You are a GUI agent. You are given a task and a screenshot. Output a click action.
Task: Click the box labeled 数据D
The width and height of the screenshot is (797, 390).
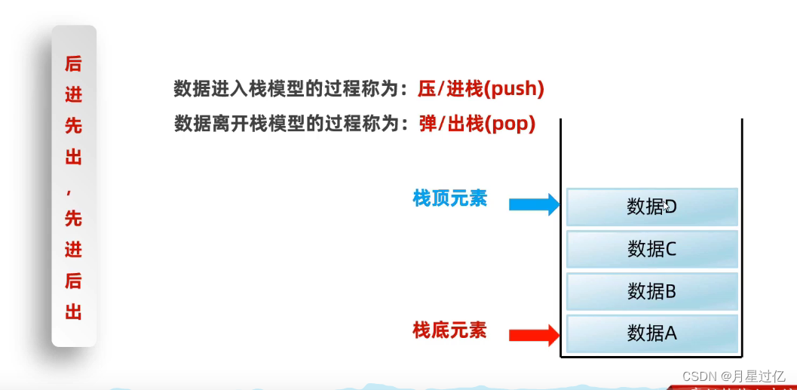click(x=651, y=206)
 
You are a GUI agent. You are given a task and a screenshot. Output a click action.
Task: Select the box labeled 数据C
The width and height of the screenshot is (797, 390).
click(x=651, y=248)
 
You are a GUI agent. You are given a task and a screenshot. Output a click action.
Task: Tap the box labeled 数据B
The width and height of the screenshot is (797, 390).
click(x=651, y=290)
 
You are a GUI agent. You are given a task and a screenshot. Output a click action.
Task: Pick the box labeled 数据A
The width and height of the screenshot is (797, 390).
click(x=651, y=332)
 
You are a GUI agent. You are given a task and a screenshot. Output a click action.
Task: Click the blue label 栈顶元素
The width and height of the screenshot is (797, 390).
click(x=449, y=198)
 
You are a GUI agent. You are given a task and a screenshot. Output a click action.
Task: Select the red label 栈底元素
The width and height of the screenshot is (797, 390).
click(x=449, y=330)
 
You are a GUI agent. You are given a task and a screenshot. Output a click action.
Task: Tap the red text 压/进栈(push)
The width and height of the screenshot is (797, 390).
click(x=481, y=89)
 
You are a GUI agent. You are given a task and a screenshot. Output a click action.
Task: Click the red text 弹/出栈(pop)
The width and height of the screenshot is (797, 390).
click(x=477, y=124)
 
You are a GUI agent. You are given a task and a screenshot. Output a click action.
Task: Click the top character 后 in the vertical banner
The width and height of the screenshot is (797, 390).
click(x=73, y=64)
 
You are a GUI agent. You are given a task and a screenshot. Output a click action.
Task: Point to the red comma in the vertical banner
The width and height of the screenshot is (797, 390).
click(x=73, y=190)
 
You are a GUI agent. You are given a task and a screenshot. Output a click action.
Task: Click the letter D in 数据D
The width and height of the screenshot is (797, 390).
click(x=671, y=206)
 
